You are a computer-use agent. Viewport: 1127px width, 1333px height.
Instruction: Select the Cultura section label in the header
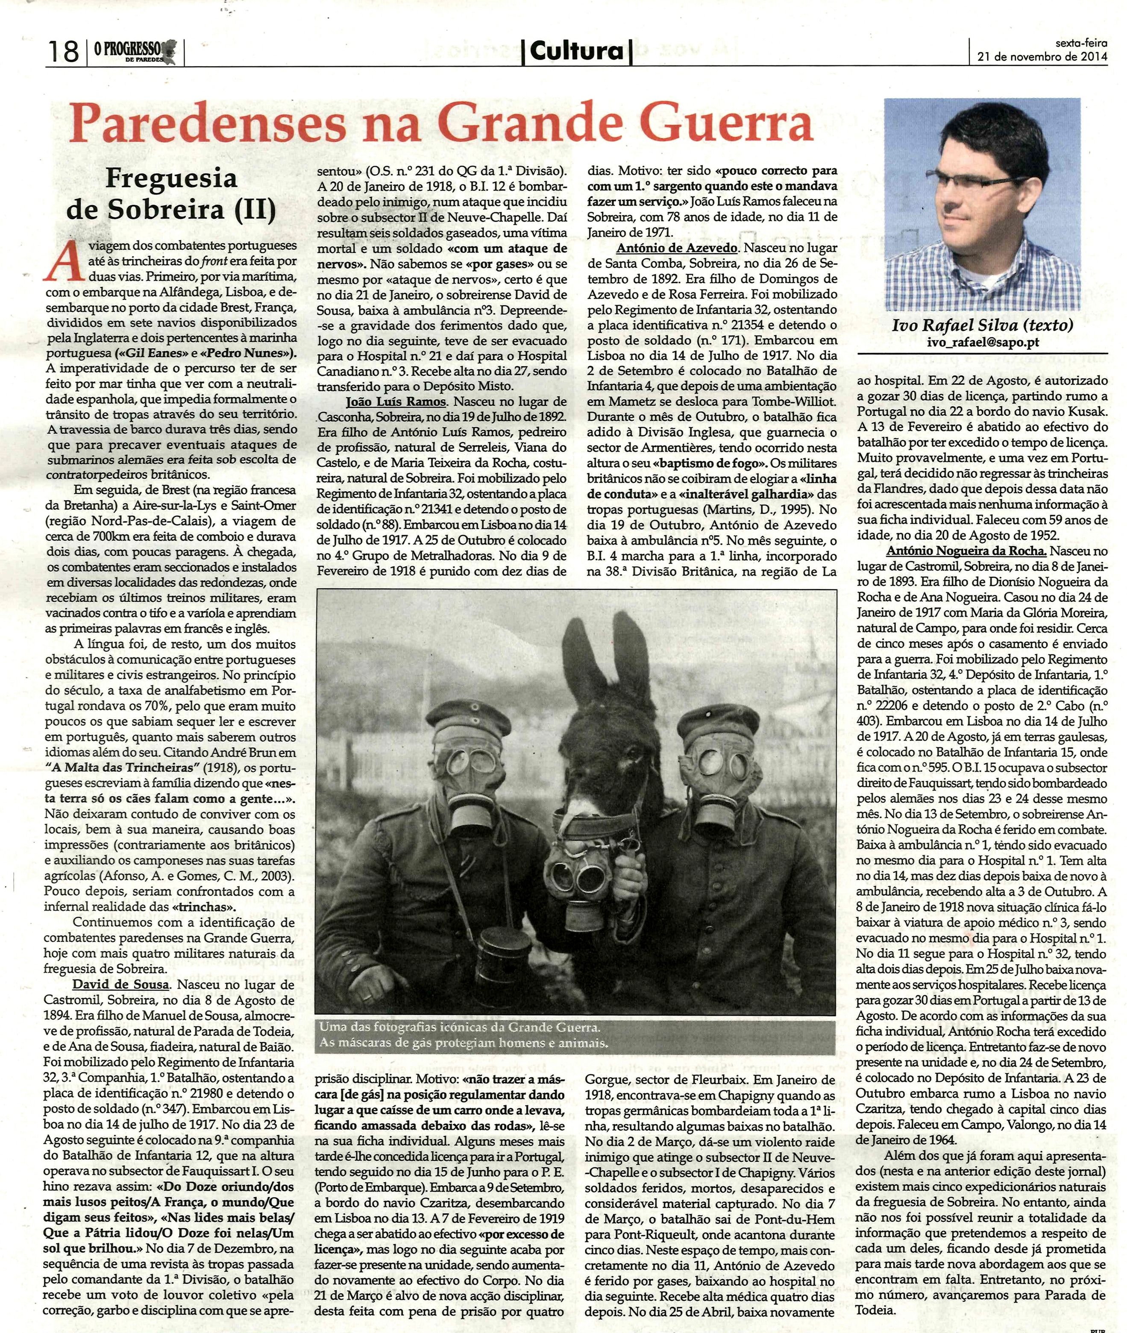pos(577,50)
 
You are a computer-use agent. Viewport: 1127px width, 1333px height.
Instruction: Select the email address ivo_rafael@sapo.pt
pos(983,343)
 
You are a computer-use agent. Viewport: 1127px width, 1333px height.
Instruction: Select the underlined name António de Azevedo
pos(677,248)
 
